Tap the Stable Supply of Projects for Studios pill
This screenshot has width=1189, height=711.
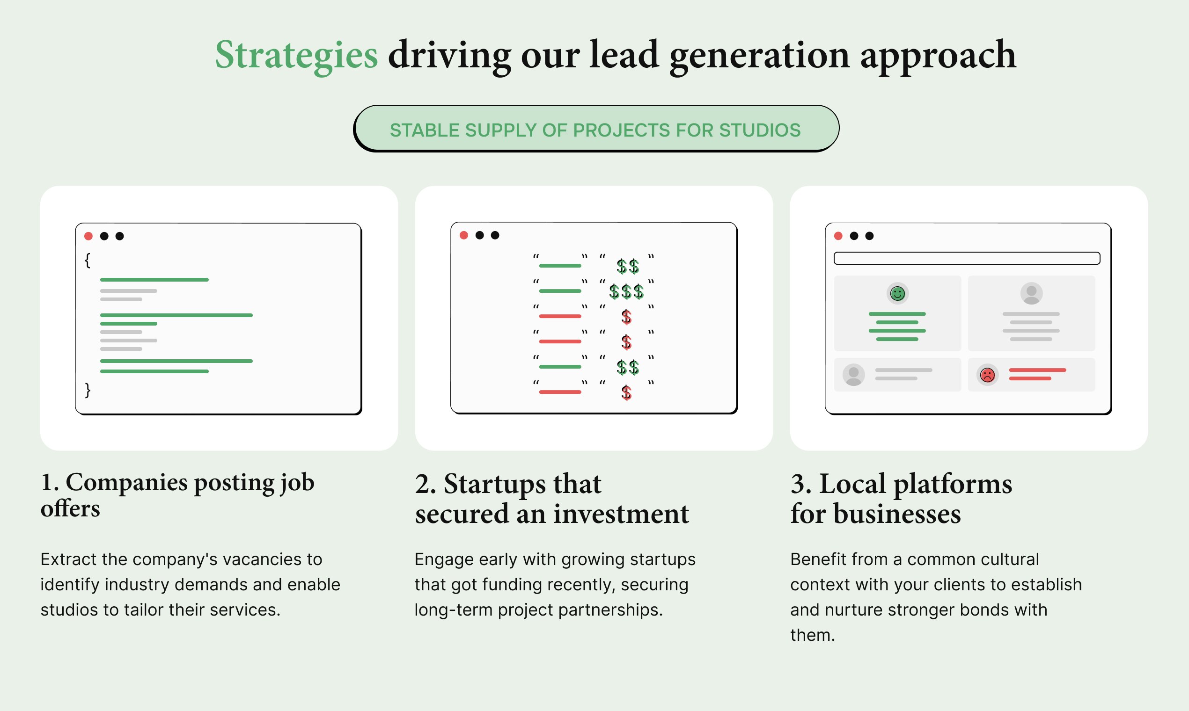pos(596,129)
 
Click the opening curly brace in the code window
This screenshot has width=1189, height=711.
pos(87,261)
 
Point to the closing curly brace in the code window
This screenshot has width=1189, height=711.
pos(87,390)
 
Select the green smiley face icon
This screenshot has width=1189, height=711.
pos(897,293)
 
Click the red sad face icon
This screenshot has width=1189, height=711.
pos(988,375)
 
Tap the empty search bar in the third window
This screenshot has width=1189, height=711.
pos(967,258)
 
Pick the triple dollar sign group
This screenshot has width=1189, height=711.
pos(626,291)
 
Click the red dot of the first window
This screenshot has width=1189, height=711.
pos(88,236)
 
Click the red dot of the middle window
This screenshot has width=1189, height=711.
pos(463,235)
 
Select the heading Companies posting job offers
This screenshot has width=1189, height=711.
pos(177,495)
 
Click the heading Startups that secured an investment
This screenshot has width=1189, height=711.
pos(552,498)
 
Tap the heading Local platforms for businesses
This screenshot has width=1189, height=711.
pos(901,498)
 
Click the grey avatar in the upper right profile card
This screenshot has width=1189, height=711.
pos(1031,293)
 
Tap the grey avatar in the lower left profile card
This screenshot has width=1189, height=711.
pos(853,375)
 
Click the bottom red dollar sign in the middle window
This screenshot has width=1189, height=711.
pos(626,393)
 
